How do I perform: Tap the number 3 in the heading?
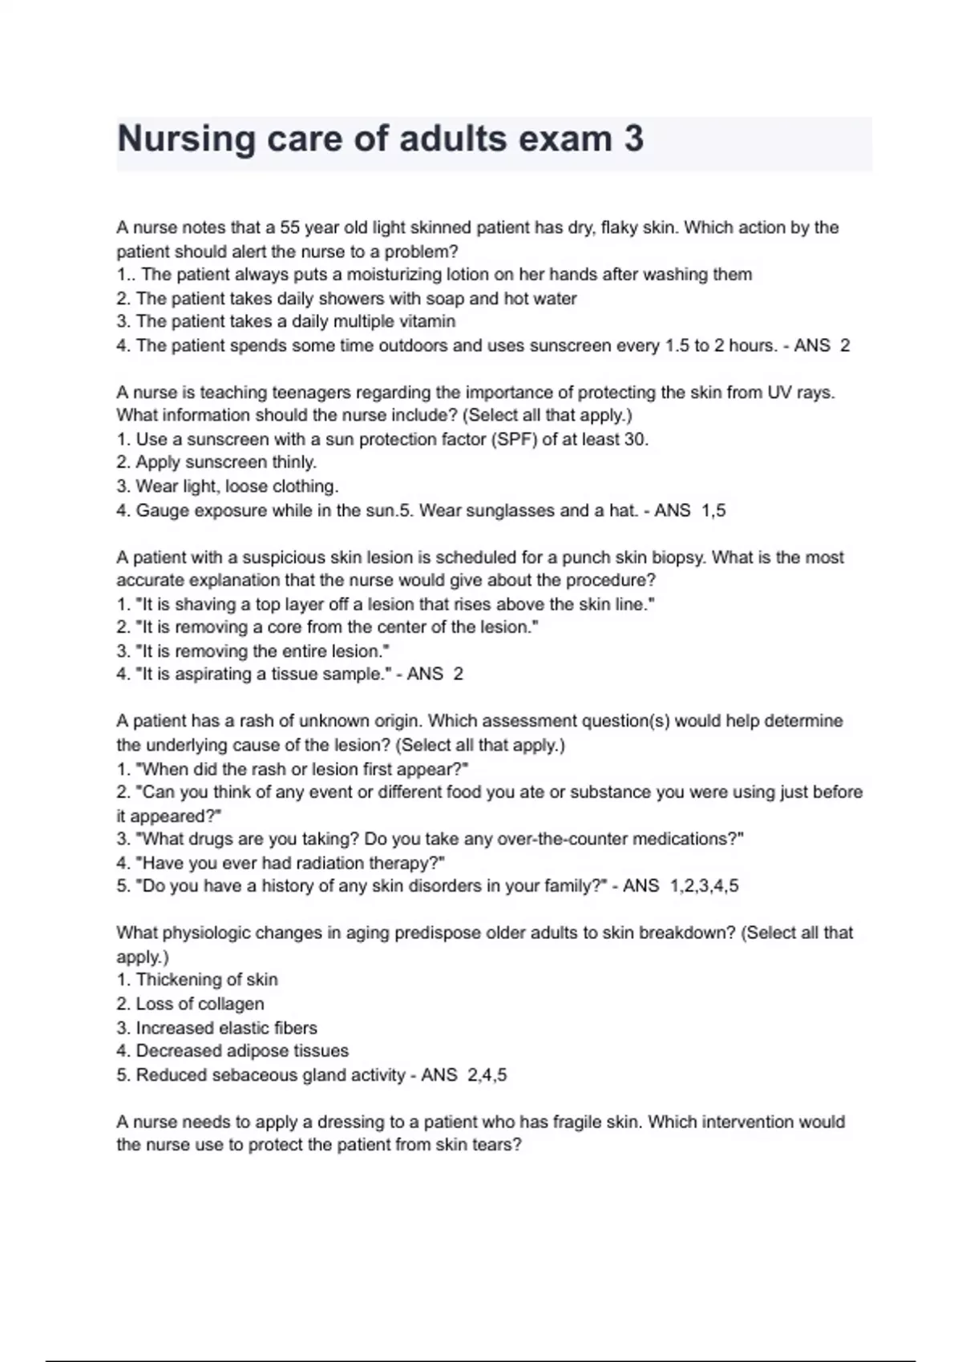[x=633, y=139]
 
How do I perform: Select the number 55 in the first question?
[x=290, y=228]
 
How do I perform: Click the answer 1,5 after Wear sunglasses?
[x=713, y=510]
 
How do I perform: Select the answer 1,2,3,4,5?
[x=704, y=886]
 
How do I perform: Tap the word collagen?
[x=231, y=1004]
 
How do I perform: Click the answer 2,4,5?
[x=487, y=1075]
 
